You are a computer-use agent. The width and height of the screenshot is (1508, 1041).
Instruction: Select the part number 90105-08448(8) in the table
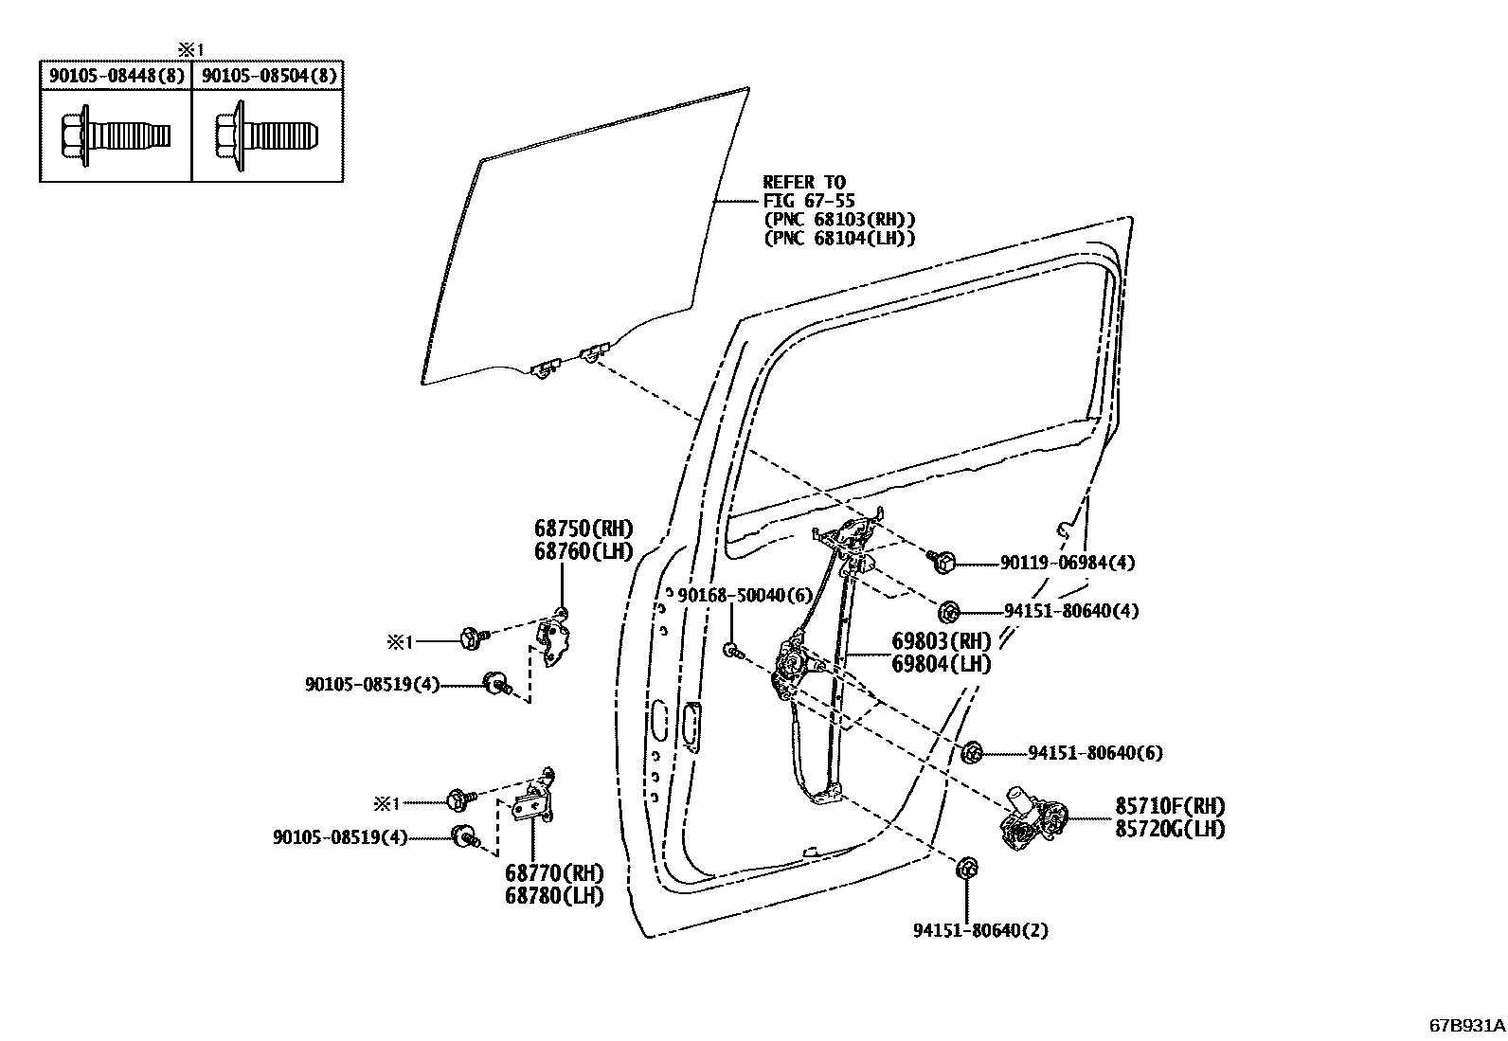[116, 76]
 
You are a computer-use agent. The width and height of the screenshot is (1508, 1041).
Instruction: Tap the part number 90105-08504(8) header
[269, 76]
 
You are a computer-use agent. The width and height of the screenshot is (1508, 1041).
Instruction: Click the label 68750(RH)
[583, 529]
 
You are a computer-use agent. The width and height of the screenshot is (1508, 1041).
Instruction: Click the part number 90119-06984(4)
[1067, 563]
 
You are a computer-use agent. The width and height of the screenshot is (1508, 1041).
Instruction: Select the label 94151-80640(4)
[1070, 611]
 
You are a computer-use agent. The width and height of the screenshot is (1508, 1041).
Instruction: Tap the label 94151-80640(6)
[1095, 753]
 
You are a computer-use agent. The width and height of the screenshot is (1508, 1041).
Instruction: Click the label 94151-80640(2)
[980, 930]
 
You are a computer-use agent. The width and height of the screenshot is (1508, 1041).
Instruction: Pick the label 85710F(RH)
[1169, 806]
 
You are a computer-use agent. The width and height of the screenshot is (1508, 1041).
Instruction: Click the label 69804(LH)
[941, 664]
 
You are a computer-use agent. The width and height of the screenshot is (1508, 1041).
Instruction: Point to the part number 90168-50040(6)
[745, 594]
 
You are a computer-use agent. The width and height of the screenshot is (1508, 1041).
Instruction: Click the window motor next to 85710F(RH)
[1032, 817]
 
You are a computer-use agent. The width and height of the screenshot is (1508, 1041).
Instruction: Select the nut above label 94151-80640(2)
[966, 867]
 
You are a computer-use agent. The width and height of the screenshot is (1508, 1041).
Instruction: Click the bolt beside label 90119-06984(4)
[943, 561]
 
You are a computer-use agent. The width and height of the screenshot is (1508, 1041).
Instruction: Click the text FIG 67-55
[809, 201]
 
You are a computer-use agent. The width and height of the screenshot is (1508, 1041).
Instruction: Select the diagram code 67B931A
[1466, 1026]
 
